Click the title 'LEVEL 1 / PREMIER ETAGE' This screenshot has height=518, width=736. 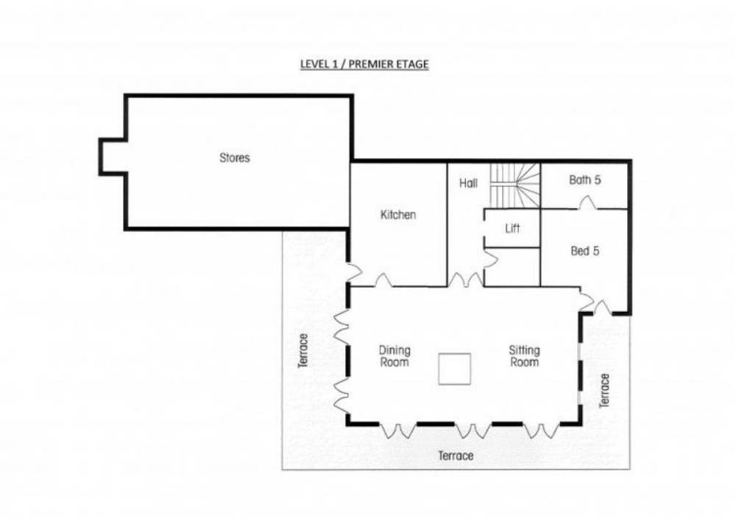(364, 64)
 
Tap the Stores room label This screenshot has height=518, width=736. (235, 157)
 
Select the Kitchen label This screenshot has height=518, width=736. (398, 215)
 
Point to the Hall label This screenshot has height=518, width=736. (468, 183)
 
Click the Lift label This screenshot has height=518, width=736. (512, 229)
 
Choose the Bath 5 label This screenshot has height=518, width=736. (585, 180)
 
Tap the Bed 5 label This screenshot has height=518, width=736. (585, 251)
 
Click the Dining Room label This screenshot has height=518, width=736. (394, 356)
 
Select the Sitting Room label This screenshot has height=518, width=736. (524, 356)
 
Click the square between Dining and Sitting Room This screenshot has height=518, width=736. (454, 369)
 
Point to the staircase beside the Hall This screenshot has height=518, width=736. (515, 185)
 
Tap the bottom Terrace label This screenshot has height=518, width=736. (456, 455)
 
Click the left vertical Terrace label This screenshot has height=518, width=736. (304, 350)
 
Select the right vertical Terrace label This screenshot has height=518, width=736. (604, 391)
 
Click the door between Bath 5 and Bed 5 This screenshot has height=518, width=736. (587, 203)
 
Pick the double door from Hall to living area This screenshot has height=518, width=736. (466, 280)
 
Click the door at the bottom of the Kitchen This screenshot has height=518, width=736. (384, 280)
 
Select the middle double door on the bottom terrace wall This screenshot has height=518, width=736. (473, 430)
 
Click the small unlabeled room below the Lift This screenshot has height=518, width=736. (512, 267)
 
